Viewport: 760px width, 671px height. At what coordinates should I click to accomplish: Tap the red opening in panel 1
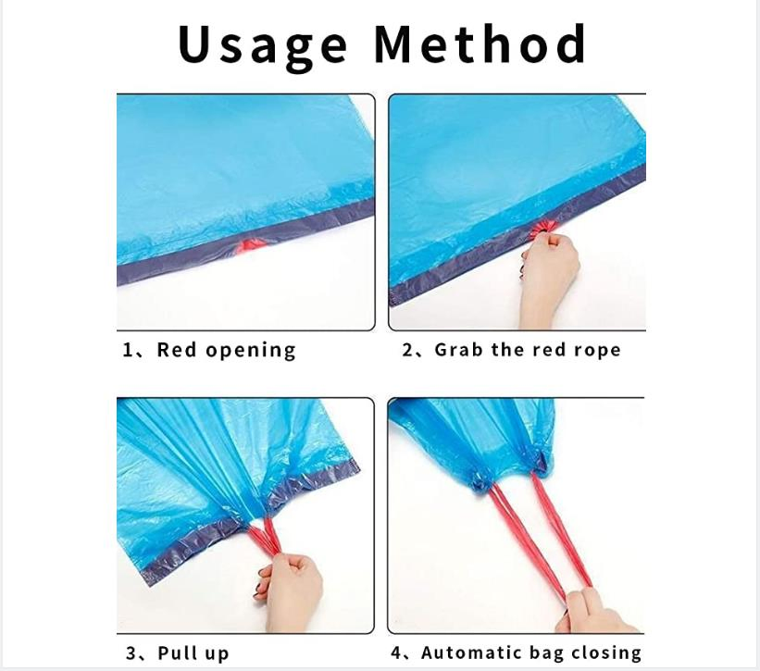pyautogui.click(x=251, y=245)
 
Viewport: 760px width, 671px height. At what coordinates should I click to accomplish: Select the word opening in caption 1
pyautogui.click(x=250, y=351)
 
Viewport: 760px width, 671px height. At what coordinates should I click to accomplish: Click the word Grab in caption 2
pyautogui.click(x=459, y=350)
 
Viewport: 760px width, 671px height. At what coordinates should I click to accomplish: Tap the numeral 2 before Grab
pyautogui.click(x=407, y=350)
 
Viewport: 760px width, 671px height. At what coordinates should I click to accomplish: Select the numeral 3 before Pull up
pyautogui.click(x=131, y=653)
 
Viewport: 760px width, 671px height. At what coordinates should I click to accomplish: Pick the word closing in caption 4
pyautogui.click(x=605, y=653)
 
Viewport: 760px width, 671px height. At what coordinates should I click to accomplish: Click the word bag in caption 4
pyautogui.click(x=546, y=653)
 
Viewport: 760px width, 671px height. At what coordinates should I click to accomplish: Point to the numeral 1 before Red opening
pyautogui.click(x=129, y=350)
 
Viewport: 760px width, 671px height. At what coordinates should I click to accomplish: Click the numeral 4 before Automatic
pyautogui.click(x=397, y=653)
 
